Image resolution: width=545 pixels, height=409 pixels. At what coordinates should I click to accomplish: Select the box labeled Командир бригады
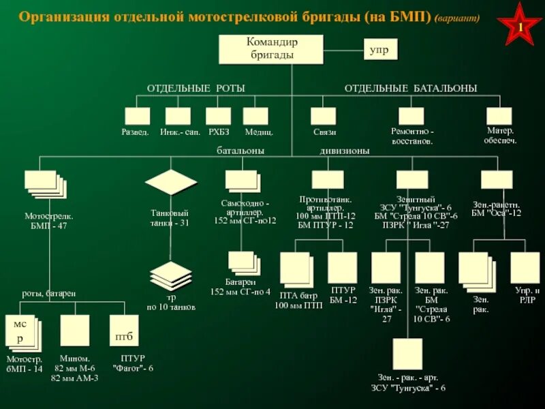[x=272, y=50]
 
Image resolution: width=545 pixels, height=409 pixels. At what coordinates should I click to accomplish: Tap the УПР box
[x=379, y=50]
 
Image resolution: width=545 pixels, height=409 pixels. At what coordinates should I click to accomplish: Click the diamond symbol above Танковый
[x=171, y=182]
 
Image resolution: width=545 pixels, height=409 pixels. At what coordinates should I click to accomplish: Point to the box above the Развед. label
[x=137, y=116]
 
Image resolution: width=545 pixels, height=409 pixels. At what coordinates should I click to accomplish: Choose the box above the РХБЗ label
[x=219, y=116]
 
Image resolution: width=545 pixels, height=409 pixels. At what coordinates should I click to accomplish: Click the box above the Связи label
[x=324, y=116]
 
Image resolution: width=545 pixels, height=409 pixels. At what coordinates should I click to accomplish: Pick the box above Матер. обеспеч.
[x=499, y=116]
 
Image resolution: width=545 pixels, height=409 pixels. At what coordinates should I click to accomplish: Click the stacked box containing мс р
[x=22, y=332]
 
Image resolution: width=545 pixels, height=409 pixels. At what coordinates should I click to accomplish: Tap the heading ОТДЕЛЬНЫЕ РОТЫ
[x=196, y=89]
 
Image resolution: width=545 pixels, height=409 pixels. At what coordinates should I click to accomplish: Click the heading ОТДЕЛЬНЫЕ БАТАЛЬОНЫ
[x=410, y=89]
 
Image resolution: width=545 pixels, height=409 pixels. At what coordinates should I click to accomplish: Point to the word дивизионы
[x=345, y=151]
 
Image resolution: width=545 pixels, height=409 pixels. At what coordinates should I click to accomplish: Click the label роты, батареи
[x=48, y=293]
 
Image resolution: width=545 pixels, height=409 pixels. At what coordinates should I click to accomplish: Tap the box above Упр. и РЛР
[x=525, y=267]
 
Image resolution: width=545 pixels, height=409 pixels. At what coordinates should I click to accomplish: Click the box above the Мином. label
[x=74, y=331]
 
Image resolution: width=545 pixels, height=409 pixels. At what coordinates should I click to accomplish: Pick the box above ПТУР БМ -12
[x=342, y=268]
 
